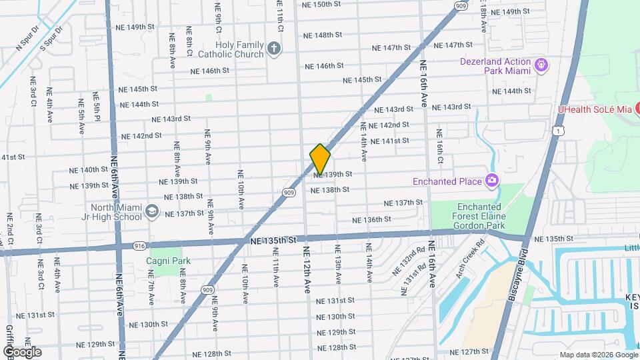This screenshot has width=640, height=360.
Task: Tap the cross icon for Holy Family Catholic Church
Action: (x=273, y=49)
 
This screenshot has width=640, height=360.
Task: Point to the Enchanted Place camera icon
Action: (x=492, y=181)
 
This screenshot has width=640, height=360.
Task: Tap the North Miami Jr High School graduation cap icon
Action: (x=152, y=211)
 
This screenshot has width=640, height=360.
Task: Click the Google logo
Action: (x=22, y=351)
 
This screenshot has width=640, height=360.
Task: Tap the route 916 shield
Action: (x=140, y=245)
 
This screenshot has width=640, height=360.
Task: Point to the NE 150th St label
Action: (x=321, y=4)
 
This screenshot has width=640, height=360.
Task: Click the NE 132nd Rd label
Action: (x=409, y=260)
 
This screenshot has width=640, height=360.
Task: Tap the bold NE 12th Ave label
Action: (x=307, y=269)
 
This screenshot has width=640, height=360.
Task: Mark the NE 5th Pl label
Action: (x=97, y=107)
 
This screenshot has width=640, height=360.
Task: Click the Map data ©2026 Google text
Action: (x=598, y=355)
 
